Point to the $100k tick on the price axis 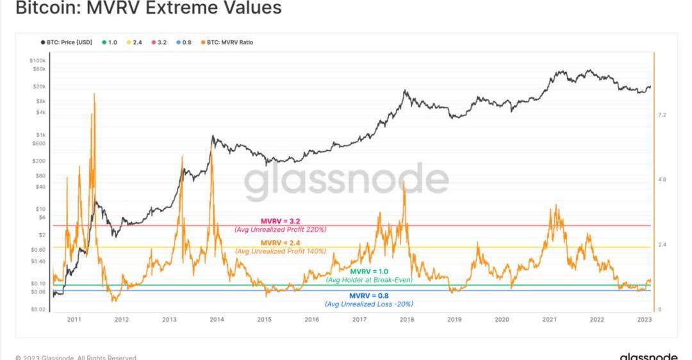(37, 60)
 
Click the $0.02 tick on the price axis (37, 310)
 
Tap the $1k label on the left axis (40, 135)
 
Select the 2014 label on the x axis (217, 319)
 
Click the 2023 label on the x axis (645, 319)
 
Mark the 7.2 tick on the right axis (663, 115)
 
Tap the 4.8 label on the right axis (663, 180)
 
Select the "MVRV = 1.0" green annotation (368, 272)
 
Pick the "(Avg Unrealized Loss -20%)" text (368, 304)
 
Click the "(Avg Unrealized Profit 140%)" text (281, 251)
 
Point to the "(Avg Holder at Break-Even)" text (369, 280)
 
